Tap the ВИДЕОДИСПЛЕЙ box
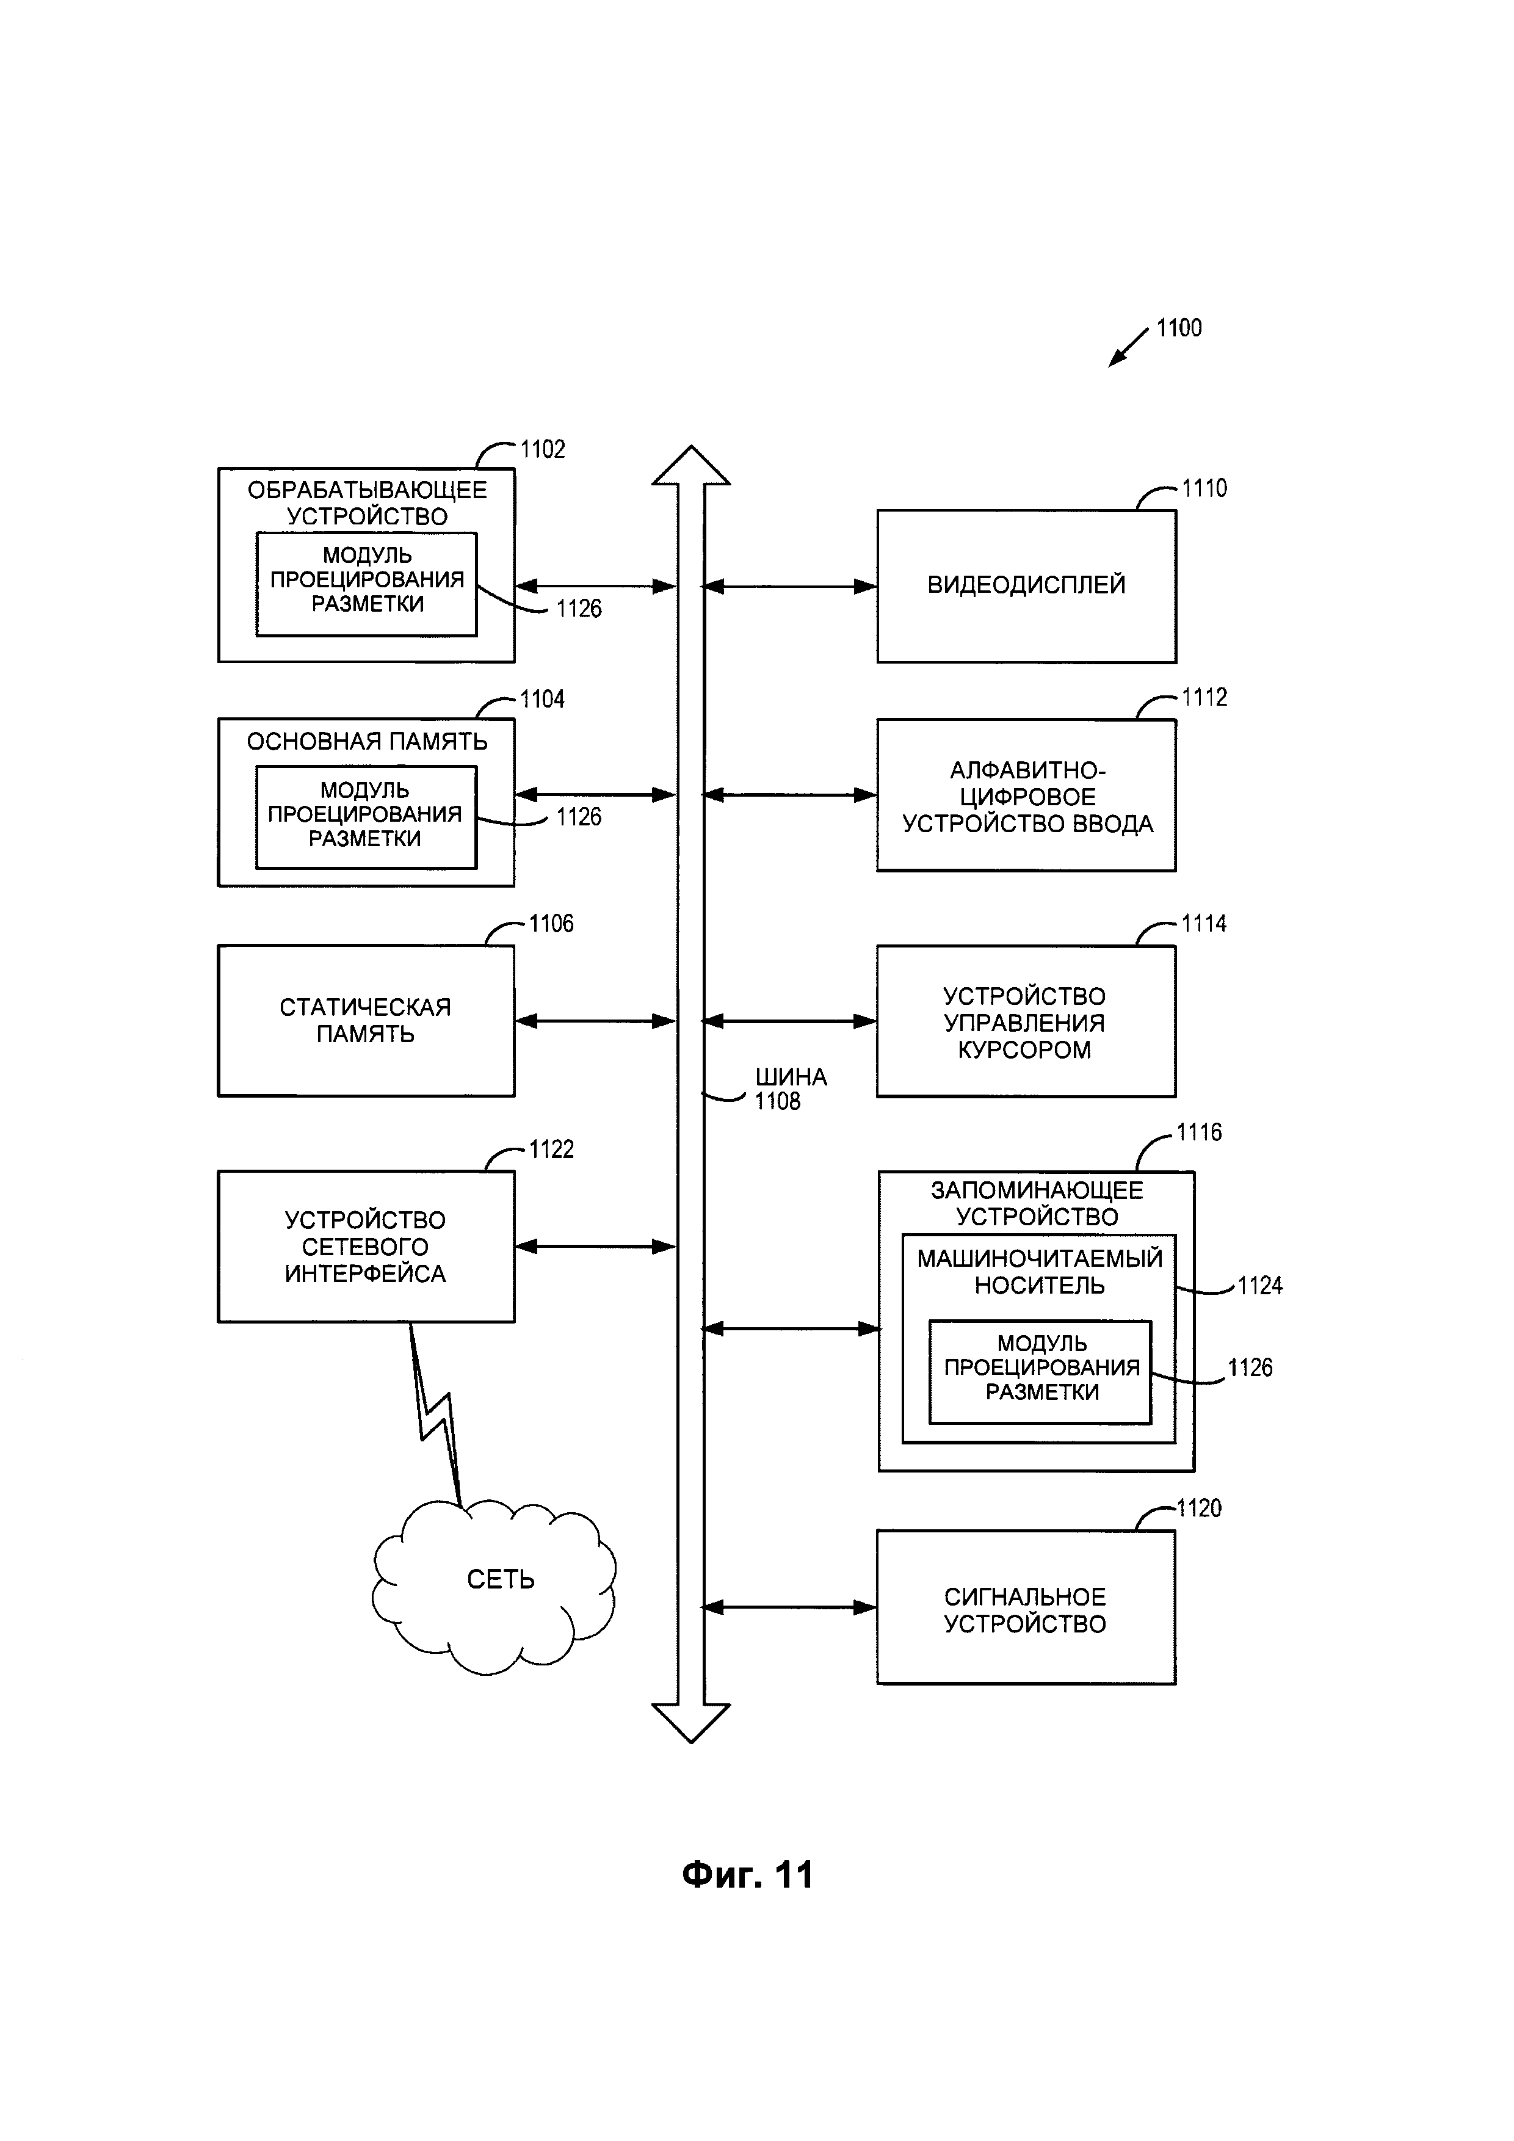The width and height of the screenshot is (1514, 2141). (1026, 585)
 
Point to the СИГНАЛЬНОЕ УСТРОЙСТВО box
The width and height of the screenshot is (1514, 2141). (1026, 1607)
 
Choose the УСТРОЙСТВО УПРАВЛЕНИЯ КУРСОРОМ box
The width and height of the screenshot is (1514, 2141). (1026, 1022)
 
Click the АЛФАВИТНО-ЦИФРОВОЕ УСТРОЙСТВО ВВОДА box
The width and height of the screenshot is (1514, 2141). (1026, 795)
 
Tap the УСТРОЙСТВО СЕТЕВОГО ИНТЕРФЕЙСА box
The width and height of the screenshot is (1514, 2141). (366, 1247)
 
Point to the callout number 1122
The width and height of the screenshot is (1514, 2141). (551, 1150)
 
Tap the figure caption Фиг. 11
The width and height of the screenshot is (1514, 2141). (748, 1874)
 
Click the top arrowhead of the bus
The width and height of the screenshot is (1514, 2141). (691, 466)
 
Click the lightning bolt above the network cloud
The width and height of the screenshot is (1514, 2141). (436, 1418)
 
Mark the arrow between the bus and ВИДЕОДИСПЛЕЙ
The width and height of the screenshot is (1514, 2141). (789, 587)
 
